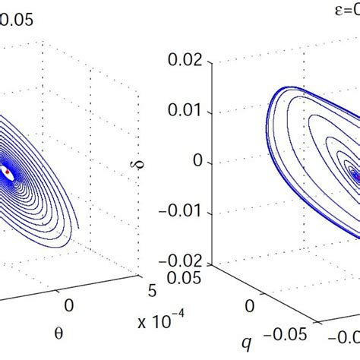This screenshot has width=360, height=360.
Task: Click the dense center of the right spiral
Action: coord(354,175)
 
